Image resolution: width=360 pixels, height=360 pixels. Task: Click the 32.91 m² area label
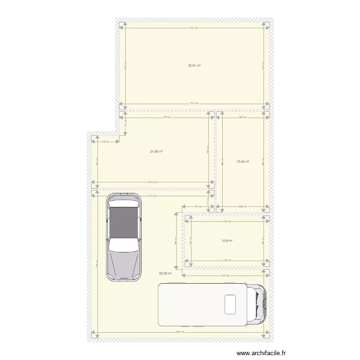click(194, 65)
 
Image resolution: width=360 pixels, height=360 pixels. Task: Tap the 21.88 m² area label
click(156, 152)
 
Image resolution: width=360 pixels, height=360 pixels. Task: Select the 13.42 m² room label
click(243, 162)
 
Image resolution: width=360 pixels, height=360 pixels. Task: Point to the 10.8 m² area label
click(227, 241)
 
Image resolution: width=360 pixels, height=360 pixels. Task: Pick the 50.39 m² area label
click(165, 273)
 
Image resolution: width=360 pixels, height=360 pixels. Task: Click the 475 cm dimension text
click(167, 117)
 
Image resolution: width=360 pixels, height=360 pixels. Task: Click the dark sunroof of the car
click(123, 222)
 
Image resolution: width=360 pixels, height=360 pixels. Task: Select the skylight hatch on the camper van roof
click(230, 303)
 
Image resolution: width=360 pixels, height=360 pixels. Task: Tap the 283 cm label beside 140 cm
click(97, 163)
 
